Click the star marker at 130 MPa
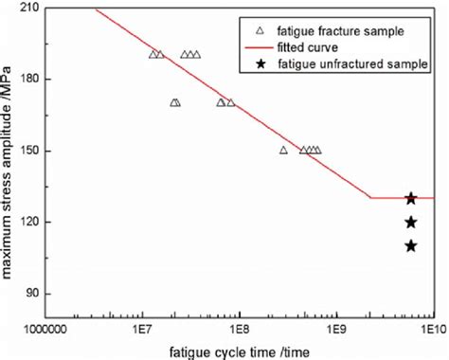pos(411,198)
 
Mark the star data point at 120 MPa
pos(411,222)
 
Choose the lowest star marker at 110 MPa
pos(411,245)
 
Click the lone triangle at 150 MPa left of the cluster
pos(283,150)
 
